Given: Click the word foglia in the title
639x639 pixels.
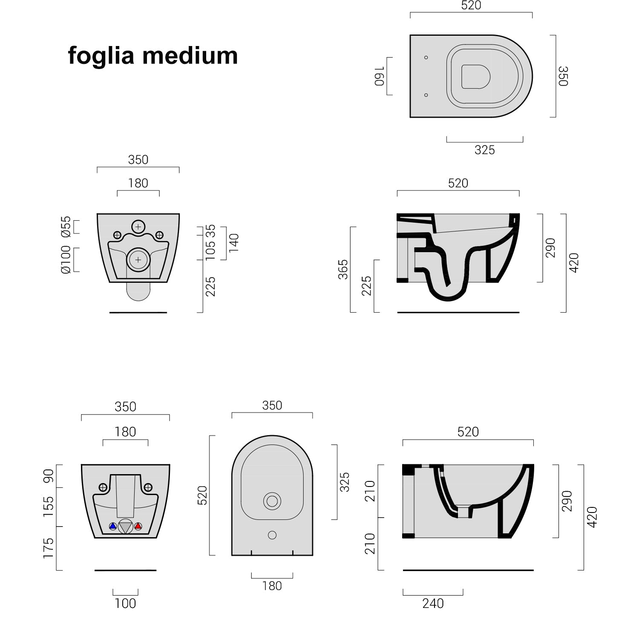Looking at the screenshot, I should [x=101, y=56].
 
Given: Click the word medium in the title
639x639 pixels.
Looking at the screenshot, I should [x=190, y=56].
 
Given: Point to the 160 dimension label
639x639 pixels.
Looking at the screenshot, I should [x=380, y=76].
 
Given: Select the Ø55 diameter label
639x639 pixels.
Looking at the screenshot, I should [x=66, y=227].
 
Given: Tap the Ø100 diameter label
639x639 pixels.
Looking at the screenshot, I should [x=66, y=259].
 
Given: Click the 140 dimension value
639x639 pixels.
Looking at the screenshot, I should [x=234, y=243].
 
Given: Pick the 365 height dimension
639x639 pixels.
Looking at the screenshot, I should [x=343, y=269].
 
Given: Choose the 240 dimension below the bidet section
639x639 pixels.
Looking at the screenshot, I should [x=433, y=603].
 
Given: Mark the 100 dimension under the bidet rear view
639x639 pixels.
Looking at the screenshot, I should [x=125, y=603].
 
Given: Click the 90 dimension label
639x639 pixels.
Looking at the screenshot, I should [x=49, y=476].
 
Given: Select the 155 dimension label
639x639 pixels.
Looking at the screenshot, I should [x=49, y=507].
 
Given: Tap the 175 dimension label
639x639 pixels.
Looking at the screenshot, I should [x=49, y=548].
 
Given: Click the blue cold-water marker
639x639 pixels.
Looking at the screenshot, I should [x=113, y=527].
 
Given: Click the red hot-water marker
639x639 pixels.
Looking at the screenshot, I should [x=138, y=527].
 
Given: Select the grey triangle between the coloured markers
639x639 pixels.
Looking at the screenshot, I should [x=125, y=527].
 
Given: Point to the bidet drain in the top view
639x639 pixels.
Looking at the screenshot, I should [x=272, y=501].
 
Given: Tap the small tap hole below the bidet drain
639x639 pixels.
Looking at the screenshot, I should [x=272, y=535].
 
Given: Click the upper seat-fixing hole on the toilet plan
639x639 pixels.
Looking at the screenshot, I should [x=426, y=58].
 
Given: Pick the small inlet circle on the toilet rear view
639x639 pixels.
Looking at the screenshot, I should [x=138, y=227].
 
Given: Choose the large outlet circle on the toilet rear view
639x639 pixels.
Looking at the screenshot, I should [x=138, y=259].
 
